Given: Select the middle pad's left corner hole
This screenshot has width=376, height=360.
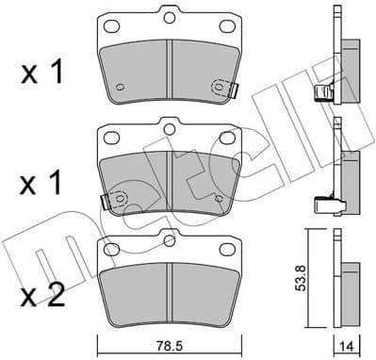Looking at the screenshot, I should point(110,141).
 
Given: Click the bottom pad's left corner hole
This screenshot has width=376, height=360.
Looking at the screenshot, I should point(110,250).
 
